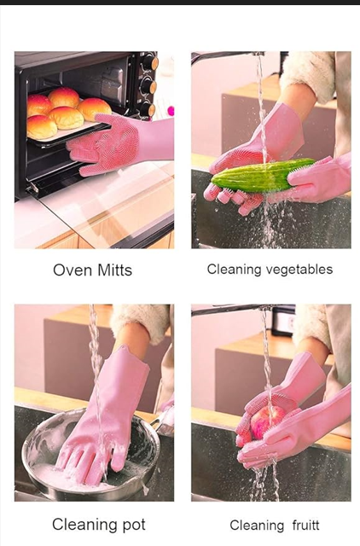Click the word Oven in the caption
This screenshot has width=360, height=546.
(x=73, y=270)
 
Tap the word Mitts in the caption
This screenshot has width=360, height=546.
(x=114, y=270)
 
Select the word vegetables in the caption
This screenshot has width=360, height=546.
(x=299, y=270)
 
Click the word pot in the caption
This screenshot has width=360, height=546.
(x=132, y=525)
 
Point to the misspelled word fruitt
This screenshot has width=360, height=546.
(x=305, y=525)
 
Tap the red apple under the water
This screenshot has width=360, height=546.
(x=264, y=421)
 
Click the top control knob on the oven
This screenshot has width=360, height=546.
(x=150, y=63)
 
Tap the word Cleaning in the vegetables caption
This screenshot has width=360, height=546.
(x=234, y=270)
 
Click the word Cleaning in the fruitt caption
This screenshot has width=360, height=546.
(x=257, y=526)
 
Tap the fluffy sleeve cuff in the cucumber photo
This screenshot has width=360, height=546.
(x=307, y=76)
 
